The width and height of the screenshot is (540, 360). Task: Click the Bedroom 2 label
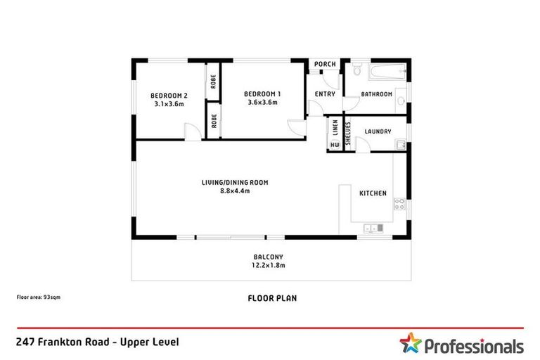(169, 96)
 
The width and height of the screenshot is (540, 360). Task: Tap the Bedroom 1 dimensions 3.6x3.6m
(262, 103)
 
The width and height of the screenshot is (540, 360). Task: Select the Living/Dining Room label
(235, 182)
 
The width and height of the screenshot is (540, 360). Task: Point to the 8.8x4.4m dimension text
(235, 191)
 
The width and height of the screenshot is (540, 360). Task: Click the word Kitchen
(373, 193)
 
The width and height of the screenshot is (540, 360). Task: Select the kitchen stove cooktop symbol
(399, 205)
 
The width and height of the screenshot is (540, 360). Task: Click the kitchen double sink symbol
(373, 228)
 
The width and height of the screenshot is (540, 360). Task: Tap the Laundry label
(379, 131)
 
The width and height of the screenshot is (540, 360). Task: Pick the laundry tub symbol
(400, 146)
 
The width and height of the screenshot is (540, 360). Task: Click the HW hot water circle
(335, 146)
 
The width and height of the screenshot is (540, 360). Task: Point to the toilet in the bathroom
(358, 71)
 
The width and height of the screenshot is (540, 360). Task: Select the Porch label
(325, 65)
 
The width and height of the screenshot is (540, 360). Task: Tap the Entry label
(325, 94)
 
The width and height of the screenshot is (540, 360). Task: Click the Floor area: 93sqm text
(39, 297)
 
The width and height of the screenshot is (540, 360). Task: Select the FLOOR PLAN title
(272, 298)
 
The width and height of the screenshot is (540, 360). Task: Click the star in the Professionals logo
(410, 343)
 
